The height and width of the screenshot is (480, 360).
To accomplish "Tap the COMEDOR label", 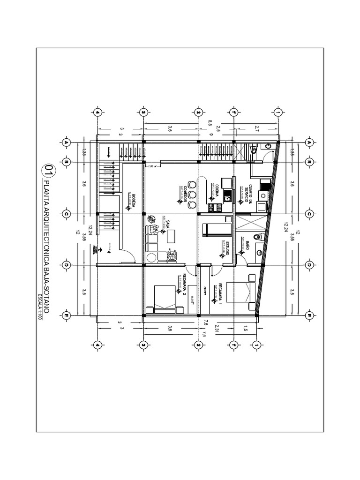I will (186, 193).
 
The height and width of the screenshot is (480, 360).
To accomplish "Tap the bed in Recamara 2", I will (161, 297).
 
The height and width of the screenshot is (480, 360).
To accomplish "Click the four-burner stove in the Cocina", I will (214, 207).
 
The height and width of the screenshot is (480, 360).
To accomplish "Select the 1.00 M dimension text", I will (151, 167).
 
